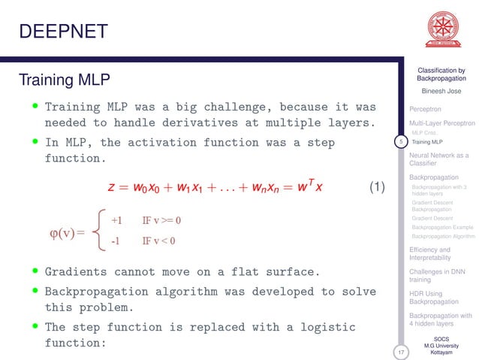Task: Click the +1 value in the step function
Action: [x=116, y=220]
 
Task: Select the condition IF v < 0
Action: [x=158, y=241]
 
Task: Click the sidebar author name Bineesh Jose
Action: [x=441, y=91]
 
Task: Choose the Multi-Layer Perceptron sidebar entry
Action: [x=442, y=123]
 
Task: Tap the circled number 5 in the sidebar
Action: [x=402, y=141]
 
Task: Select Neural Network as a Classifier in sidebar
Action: [x=438, y=159]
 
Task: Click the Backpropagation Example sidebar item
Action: [x=442, y=226]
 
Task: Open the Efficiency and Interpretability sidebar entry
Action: [x=430, y=253]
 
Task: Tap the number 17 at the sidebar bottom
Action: [x=402, y=350]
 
